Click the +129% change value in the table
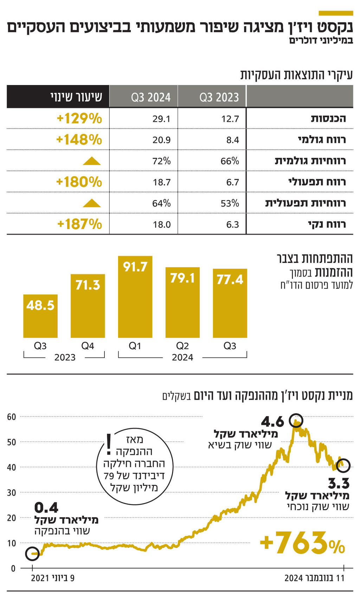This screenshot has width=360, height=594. click(79, 119)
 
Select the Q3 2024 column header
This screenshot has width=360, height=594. click(151, 97)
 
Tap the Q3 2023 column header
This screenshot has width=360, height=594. click(219, 97)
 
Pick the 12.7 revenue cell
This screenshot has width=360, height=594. click(230, 119)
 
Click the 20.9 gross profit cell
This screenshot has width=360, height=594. click(162, 140)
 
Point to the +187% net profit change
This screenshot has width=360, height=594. click(79, 224)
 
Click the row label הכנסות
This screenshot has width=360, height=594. click(328, 119)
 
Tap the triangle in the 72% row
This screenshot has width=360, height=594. click(92, 161)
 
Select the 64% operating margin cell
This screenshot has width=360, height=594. click(161, 203)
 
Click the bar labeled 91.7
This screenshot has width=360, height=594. click(135, 297)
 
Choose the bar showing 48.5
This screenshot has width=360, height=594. click(40, 316)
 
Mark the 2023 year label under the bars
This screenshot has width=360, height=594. click(65, 357)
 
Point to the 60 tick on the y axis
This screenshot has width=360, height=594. click(12, 417)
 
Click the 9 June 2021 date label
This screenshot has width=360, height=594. click(53, 578)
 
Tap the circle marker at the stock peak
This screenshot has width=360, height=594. click(296, 420)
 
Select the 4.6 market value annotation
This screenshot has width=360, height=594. click(272, 421)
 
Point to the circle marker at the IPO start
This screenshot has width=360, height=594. click(32, 554)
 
